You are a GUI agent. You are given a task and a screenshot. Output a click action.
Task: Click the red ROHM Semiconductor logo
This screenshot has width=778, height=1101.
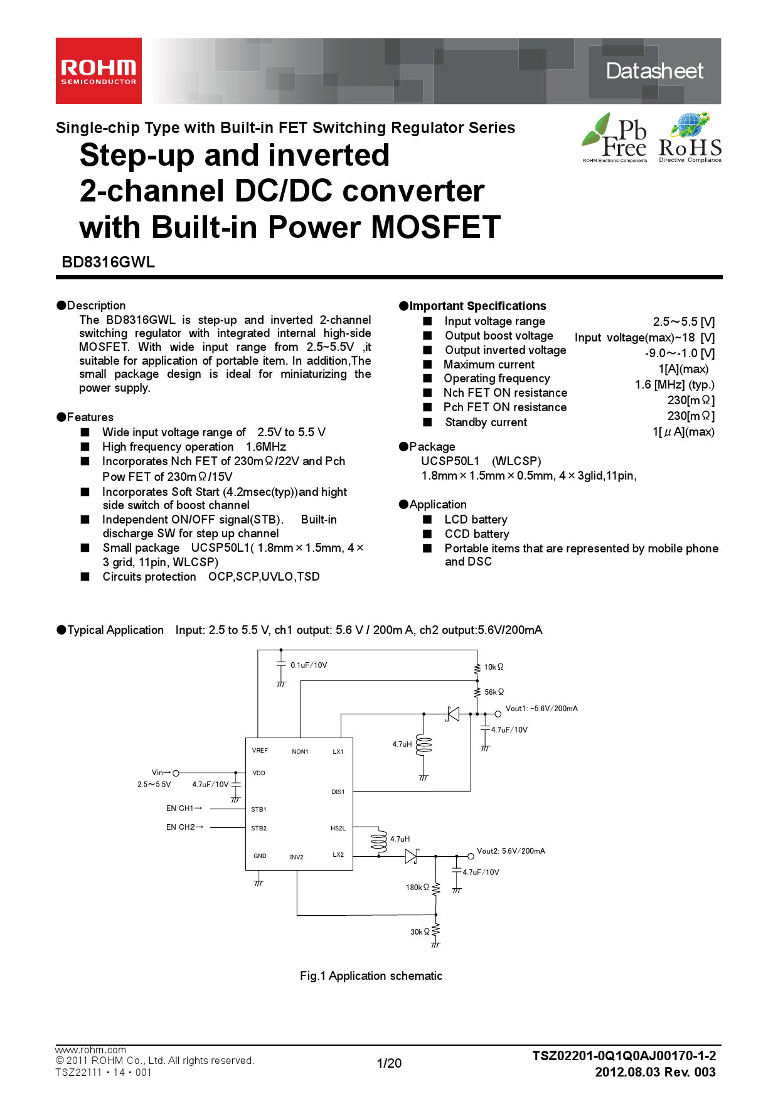coord(99,71)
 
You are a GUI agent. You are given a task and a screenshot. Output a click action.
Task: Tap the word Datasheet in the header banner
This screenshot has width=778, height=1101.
coord(654,71)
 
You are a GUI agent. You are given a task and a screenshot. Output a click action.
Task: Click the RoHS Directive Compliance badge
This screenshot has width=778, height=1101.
coord(690,139)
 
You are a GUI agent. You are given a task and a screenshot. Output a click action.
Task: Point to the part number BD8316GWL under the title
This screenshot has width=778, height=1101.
coord(108,262)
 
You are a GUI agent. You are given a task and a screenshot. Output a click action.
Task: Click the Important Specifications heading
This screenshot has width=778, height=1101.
coord(477,306)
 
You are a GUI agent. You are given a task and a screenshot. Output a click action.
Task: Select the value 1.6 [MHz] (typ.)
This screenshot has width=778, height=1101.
coord(674,385)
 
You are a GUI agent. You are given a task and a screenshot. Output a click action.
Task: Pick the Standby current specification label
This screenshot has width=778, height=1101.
coord(486,422)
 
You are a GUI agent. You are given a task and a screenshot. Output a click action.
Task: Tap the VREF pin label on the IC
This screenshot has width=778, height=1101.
coord(260,751)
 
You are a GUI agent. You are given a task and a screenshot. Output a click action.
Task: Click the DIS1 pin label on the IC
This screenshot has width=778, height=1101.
coord(338,792)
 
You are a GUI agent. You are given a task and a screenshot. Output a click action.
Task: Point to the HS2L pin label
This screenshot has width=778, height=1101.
coord(338,829)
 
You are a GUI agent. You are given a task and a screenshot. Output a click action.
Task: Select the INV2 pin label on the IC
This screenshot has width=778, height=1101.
coord(297,857)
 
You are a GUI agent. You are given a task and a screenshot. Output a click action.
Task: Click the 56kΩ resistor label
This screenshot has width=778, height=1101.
coord(494,692)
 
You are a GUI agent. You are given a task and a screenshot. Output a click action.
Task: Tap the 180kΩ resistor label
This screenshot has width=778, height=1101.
coord(417,888)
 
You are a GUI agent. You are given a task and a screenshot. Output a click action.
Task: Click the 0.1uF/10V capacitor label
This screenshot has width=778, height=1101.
coord(309,665)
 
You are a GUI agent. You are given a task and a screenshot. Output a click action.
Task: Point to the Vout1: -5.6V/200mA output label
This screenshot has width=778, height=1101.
coord(541,709)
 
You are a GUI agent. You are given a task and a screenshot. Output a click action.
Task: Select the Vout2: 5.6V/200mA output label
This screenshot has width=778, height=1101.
coord(511,851)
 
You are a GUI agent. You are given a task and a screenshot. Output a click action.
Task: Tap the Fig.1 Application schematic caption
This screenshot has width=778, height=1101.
coord(371,976)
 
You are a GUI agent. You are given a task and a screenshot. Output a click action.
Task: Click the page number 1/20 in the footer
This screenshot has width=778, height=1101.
coord(389,1063)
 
